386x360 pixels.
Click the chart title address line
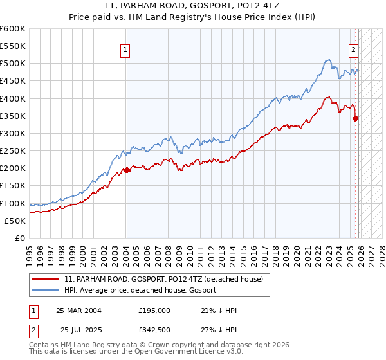tap(193, 4)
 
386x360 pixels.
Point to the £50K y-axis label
tap(15, 221)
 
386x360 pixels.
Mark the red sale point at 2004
tap(127, 170)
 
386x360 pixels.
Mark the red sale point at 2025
tap(356, 118)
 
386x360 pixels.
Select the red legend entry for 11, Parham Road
tap(163, 280)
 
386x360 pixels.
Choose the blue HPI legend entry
tap(140, 291)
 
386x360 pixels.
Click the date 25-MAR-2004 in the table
tap(78, 310)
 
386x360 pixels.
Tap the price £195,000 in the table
tap(154, 310)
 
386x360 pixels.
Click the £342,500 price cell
tap(154, 330)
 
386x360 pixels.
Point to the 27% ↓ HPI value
tap(219, 330)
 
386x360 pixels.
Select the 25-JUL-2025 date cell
tap(81, 330)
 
